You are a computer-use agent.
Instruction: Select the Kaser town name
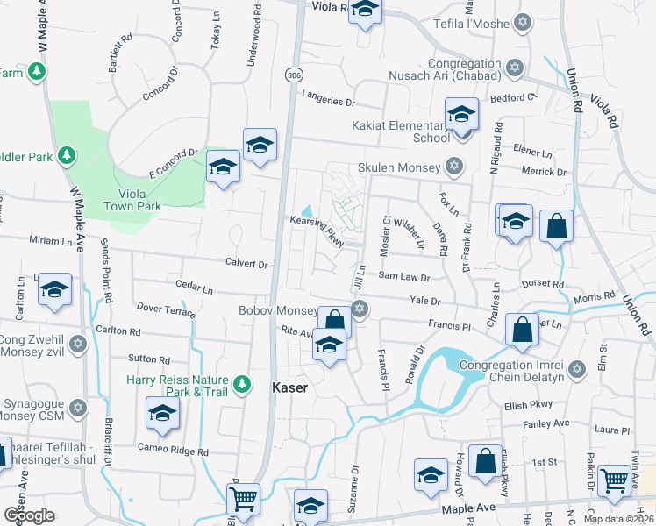(290, 387)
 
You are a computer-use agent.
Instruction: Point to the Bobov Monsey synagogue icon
(359, 309)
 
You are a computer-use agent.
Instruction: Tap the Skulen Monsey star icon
(453, 166)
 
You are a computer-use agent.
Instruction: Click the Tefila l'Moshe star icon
(524, 24)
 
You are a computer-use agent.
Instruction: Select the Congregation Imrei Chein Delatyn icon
(576, 368)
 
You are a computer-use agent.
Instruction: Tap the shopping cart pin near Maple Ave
(243, 500)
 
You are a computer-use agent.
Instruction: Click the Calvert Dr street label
(246, 263)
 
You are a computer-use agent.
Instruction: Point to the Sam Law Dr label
(403, 277)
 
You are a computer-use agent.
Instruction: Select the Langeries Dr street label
(328, 101)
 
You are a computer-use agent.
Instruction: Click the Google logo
(29, 514)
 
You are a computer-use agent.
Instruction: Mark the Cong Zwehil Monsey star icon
(78, 343)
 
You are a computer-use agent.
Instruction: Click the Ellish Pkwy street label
(525, 406)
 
